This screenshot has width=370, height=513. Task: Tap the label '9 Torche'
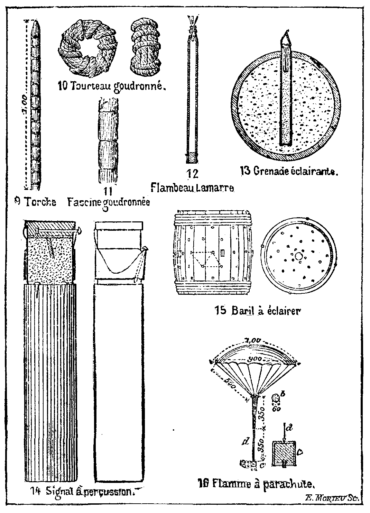36,202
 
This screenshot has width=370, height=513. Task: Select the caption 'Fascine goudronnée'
109,202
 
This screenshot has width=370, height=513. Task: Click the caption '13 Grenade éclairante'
289,171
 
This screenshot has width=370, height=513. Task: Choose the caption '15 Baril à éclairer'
258,311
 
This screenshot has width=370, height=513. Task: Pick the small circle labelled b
276,399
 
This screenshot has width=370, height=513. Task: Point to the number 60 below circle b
276,407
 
